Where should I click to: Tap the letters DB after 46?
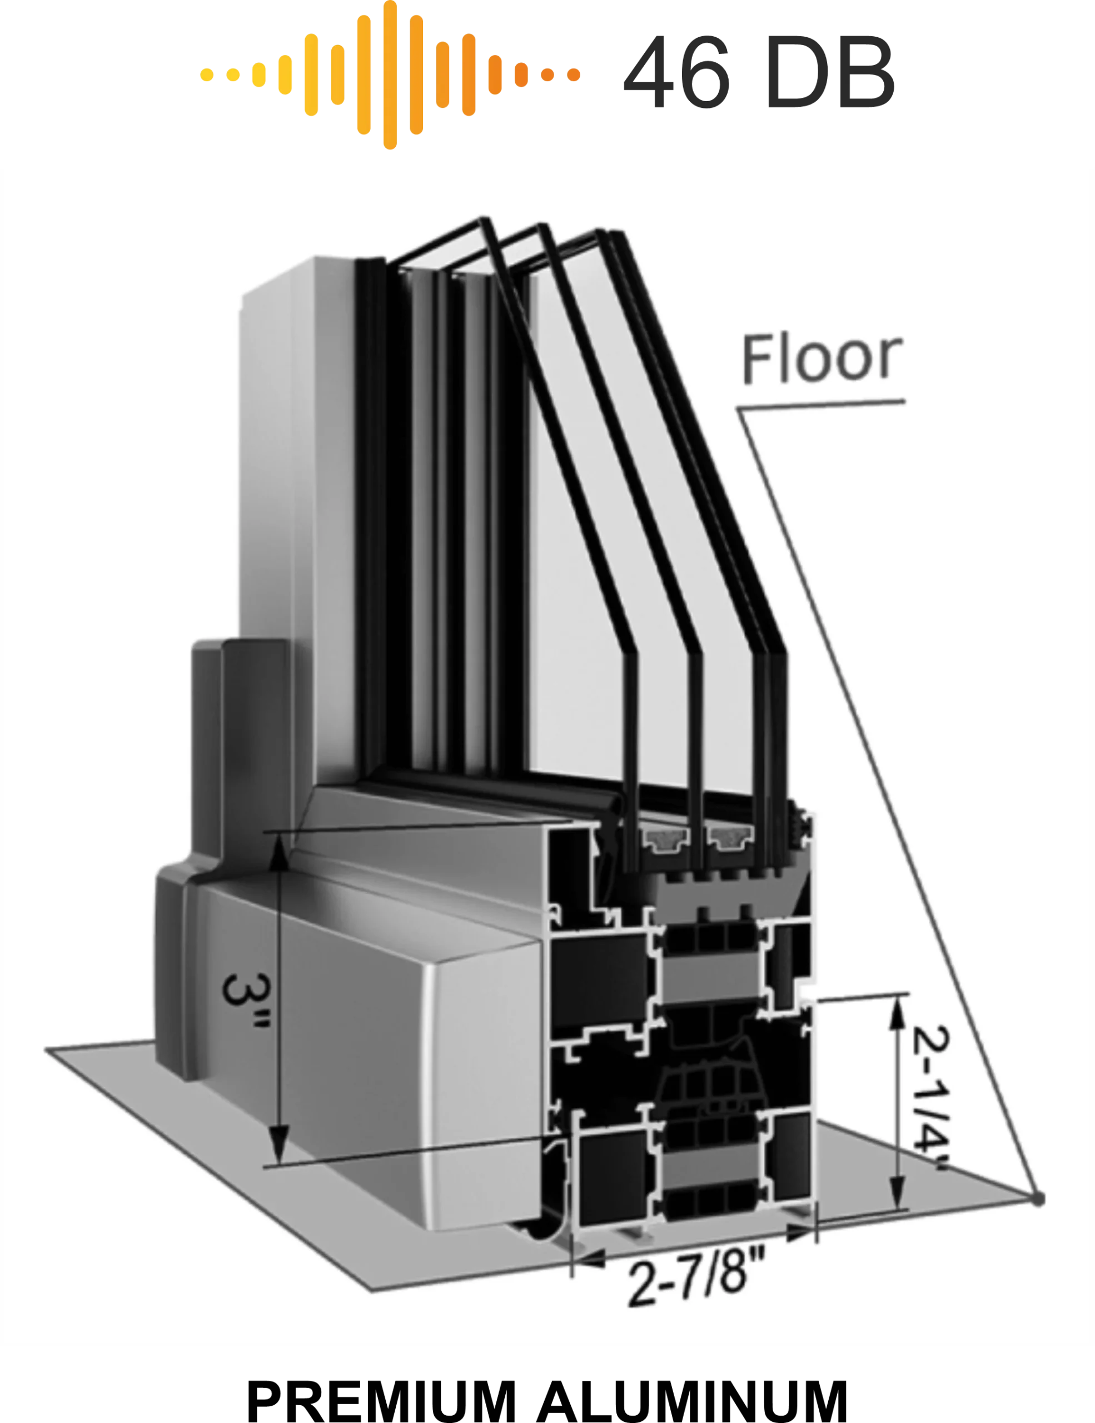(x=830, y=72)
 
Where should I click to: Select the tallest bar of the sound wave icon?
(x=390, y=74)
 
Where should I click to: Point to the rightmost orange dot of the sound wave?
(x=573, y=75)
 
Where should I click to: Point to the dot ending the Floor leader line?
(x=1038, y=1198)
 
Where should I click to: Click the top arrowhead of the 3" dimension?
(x=279, y=854)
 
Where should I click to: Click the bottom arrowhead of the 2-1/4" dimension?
(x=898, y=1192)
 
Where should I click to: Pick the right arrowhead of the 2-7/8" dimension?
(x=800, y=1232)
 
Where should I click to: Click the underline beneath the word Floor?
(x=821, y=405)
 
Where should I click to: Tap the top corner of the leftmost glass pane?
(x=484, y=220)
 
